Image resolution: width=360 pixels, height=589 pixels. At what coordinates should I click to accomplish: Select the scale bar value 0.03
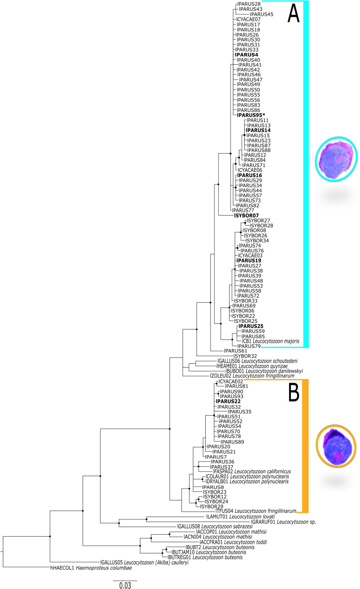[125, 584]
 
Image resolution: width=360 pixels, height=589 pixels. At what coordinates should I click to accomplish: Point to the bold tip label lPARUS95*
[251, 115]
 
